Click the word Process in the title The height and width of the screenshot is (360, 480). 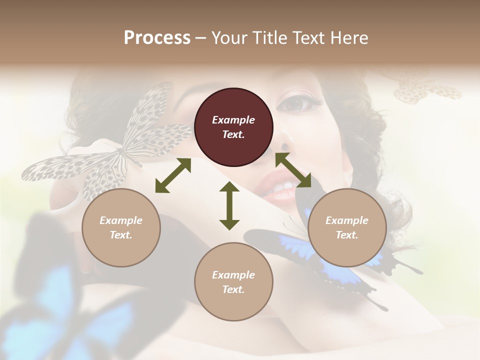(x=157, y=38)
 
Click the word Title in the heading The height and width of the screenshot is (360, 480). (x=271, y=38)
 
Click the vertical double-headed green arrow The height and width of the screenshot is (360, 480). (x=229, y=205)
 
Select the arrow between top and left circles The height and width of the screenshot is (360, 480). (x=173, y=175)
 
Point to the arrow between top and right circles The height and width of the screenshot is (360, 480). (x=293, y=170)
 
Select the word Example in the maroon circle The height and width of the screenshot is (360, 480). (x=233, y=120)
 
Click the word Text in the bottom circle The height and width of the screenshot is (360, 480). (x=233, y=289)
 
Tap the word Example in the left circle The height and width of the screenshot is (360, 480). (x=121, y=220)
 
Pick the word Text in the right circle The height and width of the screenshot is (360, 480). (x=347, y=235)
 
